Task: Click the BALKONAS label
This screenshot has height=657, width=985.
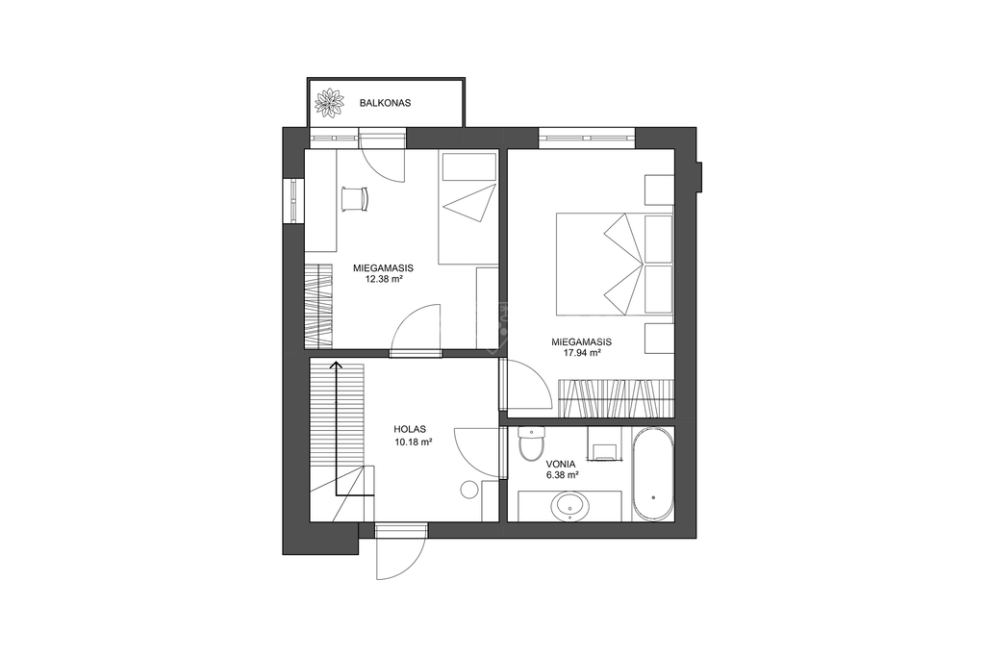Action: click(x=385, y=102)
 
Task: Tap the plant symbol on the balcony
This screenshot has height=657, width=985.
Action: click(x=330, y=103)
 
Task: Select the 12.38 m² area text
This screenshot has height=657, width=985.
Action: click(x=383, y=278)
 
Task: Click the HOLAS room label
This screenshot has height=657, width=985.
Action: click(x=410, y=430)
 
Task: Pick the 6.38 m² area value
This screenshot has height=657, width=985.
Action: click(x=562, y=476)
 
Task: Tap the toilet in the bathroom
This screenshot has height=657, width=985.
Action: click(x=532, y=442)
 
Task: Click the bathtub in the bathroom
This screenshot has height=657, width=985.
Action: click(x=653, y=474)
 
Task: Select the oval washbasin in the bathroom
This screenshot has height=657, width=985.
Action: click(x=569, y=506)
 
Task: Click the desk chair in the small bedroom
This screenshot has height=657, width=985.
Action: click(x=355, y=198)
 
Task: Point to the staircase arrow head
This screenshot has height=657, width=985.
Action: click(x=337, y=366)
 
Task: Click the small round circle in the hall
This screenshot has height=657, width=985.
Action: click(x=469, y=490)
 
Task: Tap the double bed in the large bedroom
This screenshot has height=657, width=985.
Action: click(x=614, y=264)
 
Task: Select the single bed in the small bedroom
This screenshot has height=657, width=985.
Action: click(x=468, y=207)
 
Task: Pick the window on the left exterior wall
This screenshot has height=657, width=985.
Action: click(x=293, y=200)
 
